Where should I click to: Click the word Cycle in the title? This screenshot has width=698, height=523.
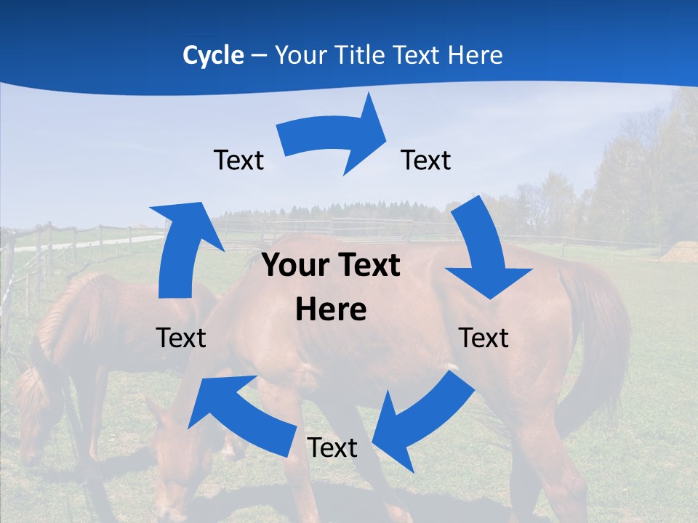[213, 55]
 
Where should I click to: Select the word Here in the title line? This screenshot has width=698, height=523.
[473, 55]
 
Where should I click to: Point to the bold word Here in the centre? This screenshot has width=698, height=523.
[331, 310]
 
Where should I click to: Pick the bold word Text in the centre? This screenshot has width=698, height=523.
[366, 266]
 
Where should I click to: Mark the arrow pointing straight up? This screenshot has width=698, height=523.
[179, 247]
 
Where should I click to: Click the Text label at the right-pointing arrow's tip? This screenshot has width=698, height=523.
[426, 160]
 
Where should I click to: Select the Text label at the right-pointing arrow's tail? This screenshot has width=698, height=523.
[238, 160]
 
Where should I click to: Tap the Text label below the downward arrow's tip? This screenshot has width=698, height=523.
[484, 338]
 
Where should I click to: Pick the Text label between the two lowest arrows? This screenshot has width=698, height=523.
[332, 447]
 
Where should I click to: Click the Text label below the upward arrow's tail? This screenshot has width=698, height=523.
[181, 338]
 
